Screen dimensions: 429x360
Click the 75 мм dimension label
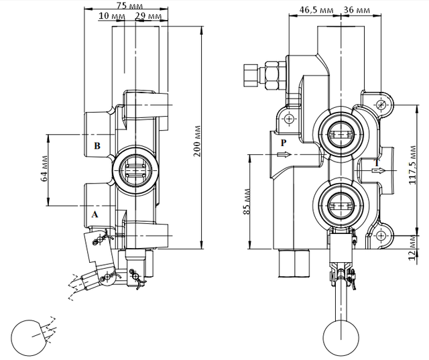tap(129, 5)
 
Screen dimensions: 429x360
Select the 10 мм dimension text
tap(112, 15)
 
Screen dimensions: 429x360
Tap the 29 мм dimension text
tap(149, 16)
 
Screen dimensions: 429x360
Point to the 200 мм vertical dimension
tap(197, 141)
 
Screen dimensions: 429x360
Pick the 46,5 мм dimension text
tap(316, 10)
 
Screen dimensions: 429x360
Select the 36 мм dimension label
tap(357, 10)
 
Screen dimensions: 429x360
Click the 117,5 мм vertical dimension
tap(413, 165)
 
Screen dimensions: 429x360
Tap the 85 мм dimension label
tap(247, 201)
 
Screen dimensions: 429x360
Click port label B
tap(97, 145)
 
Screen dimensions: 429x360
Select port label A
tap(95, 215)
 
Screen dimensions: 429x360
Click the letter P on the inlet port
tap(284, 143)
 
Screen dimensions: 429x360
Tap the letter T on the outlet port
tap(377, 164)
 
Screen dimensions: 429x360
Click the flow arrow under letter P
tap(284, 155)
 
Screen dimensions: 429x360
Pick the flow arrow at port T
tap(379, 171)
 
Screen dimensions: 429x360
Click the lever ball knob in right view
tap(341, 338)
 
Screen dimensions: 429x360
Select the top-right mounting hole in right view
tap(381, 105)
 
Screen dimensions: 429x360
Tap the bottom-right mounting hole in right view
tap(381, 235)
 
